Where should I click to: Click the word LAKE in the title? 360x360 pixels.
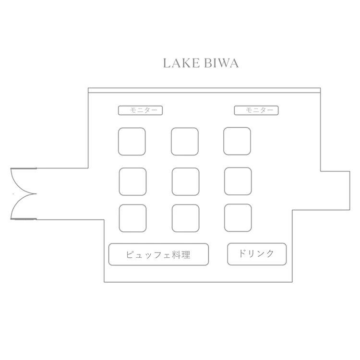[x=181, y=63]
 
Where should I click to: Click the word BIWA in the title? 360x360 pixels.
[x=221, y=63]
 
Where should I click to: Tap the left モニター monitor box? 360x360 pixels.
[x=140, y=110]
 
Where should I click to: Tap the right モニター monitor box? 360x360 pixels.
[x=256, y=110]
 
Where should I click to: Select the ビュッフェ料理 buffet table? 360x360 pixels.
[x=159, y=254]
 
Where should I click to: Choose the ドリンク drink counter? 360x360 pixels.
[x=257, y=254]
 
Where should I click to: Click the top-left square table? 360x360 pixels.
[x=132, y=142]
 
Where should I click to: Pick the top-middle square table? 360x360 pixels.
[x=185, y=142]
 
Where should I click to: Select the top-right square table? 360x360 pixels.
[x=237, y=141]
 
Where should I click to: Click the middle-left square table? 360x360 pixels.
[x=132, y=181]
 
